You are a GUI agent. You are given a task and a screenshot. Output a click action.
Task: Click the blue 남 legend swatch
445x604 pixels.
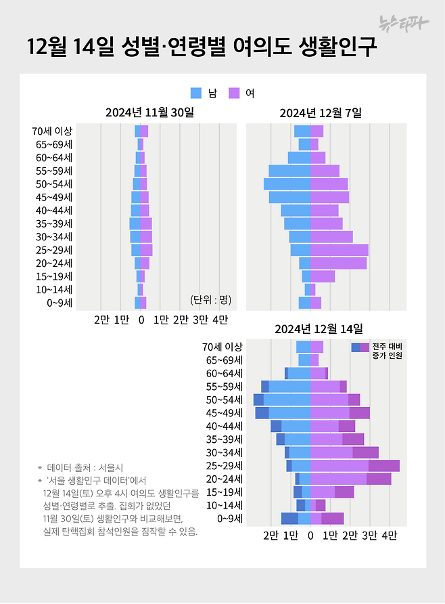(x=196, y=93)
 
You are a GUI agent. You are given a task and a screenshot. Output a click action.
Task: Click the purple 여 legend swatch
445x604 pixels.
(x=234, y=93)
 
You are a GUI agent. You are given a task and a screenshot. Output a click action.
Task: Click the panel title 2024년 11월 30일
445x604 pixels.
(x=149, y=112)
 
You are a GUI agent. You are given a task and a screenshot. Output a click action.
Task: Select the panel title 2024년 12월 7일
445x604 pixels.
(x=321, y=112)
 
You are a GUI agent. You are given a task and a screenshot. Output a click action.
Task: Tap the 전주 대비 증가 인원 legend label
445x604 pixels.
(x=387, y=351)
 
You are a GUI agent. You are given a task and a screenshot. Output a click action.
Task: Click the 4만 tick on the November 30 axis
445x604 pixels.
(x=220, y=319)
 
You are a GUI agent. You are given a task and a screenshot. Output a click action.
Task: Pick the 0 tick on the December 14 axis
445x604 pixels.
(x=310, y=536)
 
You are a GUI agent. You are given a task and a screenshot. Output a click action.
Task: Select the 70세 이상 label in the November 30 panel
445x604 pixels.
(x=52, y=131)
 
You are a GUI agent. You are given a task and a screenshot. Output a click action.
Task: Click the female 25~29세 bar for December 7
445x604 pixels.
(x=339, y=250)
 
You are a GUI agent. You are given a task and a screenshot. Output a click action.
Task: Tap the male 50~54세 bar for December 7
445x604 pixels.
(x=287, y=184)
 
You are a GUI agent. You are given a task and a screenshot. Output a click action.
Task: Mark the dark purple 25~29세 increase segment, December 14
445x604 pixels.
(x=384, y=466)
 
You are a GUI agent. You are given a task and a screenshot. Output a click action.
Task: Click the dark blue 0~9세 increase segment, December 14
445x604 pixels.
(x=289, y=519)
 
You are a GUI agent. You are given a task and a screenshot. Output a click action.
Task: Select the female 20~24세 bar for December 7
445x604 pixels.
(x=339, y=263)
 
